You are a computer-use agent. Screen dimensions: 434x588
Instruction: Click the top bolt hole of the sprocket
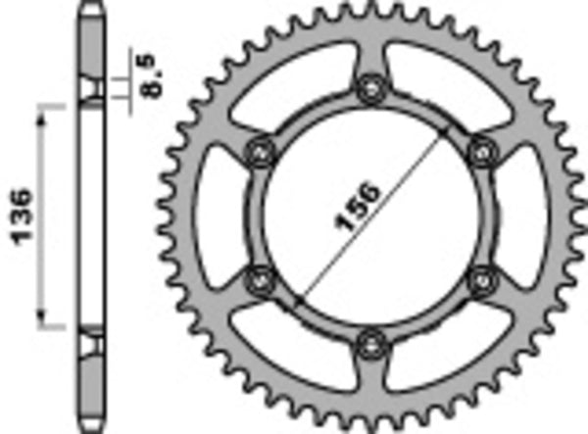370,90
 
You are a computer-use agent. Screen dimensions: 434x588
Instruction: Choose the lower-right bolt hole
480,280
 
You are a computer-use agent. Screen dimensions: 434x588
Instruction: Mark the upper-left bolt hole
261,152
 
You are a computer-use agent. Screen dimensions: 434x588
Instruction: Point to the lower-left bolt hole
261,280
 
